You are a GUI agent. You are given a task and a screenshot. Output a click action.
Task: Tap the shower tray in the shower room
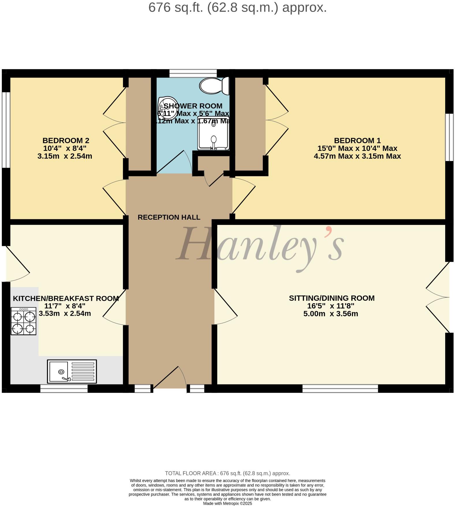coord(213,134)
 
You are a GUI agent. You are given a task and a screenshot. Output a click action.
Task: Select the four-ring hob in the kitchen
coord(23,321)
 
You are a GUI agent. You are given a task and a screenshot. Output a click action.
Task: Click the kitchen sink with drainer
coord(72,372)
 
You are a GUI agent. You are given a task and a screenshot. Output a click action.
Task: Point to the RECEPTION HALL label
coord(169,217)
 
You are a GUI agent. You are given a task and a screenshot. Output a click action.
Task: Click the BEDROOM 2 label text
coord(66,141)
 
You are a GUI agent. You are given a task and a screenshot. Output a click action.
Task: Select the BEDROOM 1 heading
coord(357,141)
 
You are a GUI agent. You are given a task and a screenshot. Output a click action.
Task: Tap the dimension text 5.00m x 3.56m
coord(331,314)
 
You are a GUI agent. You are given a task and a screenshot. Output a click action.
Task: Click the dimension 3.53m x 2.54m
coord(65,313)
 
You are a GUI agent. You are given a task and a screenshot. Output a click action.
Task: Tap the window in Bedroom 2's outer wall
coord(6,130)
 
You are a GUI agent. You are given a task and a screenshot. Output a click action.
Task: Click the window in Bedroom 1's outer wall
coord(449,137)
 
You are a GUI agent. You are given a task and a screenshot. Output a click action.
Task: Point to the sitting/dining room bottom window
coord(340,388)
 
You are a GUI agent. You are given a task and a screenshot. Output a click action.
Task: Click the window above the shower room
coord(193,73)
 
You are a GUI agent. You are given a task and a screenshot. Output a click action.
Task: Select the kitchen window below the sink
coord(64,388)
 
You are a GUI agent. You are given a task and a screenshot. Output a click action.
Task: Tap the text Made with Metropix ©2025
coord(228,503)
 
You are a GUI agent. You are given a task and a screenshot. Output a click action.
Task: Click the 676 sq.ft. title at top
coord(237,7)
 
